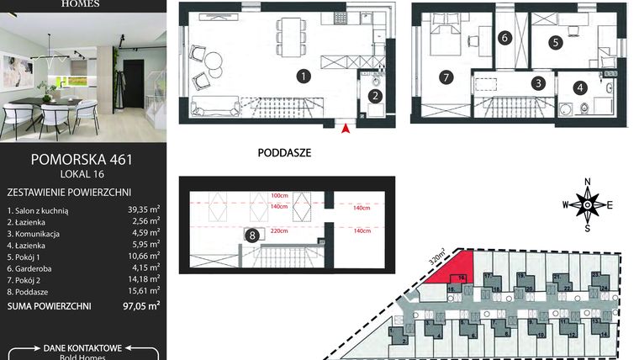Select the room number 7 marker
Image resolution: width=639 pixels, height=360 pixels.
tap(446, 77)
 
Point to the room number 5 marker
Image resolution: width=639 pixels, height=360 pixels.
tap(556, 41)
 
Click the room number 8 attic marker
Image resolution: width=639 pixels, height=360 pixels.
tap(251, 236)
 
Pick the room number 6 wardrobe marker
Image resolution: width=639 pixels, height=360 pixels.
tap(504, 38)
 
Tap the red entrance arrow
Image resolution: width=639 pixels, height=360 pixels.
tap(345, 127)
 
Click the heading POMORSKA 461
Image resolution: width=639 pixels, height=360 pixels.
tap(82, 157)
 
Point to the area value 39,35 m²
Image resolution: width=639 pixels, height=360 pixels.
tap(142, 211)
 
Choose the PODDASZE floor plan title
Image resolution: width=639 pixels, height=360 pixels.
tap(285, 154)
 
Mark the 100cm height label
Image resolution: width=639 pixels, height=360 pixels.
tap(278, 195)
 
